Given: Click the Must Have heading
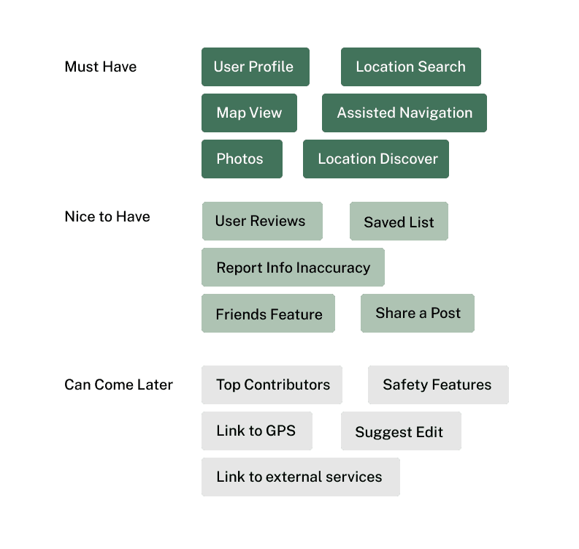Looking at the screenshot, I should coord(100,67).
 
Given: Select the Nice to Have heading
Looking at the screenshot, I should coord(107,216).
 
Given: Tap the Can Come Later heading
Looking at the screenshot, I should coord(118,385).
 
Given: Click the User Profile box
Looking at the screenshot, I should coord(255,67).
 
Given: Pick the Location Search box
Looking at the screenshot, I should coord(411,67).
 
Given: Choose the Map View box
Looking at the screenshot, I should coord(249,113).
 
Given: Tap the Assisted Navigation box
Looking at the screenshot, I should coord(404,113).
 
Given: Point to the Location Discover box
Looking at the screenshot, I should coord(377,159).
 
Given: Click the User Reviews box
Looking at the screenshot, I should coord(261,222).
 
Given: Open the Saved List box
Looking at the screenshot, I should coord(399,222).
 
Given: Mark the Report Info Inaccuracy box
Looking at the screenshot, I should coord(293,268).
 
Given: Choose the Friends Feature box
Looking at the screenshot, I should coord(268,314).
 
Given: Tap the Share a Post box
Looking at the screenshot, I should coord(418,314).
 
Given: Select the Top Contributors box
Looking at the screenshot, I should coord(272,385).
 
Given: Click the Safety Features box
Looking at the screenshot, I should coord(437,385).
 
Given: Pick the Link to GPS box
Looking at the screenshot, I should coord(256,431).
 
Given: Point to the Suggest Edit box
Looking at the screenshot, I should coord(400,432).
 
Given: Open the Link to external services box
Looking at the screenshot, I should coord(300,477).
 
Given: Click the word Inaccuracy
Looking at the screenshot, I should coord(333,268).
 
